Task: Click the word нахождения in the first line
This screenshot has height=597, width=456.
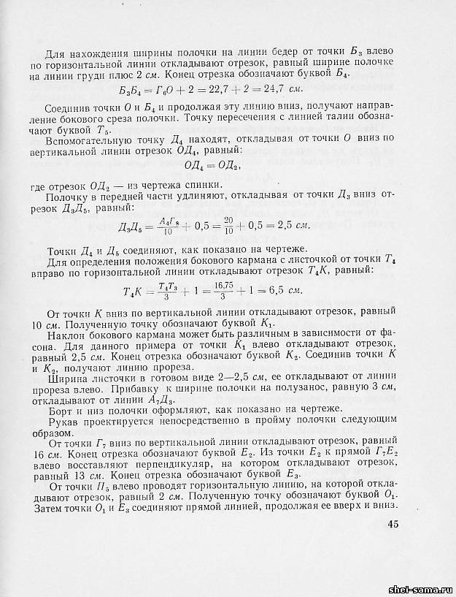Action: point(106,53)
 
